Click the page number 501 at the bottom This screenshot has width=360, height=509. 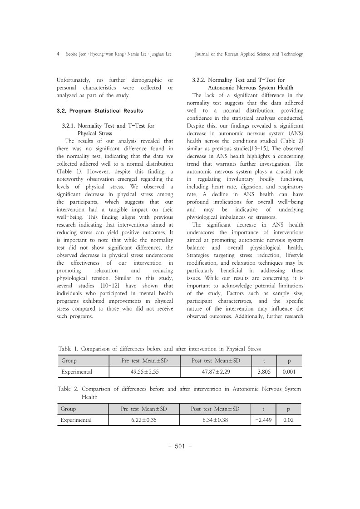tap(180, 446)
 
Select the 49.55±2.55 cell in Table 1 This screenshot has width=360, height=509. tap(144, 372)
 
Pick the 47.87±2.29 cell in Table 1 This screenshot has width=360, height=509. tap(216, 372)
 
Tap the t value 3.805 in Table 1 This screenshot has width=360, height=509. tap(265, 372)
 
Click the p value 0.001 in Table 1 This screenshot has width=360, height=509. tap(290, 372)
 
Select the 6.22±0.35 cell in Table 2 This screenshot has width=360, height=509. tap(144, 420)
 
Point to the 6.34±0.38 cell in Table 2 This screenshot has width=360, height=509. tap(216, 420)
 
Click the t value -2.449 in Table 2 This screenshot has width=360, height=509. tap(264, 420)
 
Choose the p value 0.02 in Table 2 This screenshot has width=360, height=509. tap(290, 420)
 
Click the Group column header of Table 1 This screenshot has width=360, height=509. tap(69, 361)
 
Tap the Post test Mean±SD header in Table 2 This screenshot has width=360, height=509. tap(216, 409)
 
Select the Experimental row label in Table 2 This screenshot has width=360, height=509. tap(77, 420)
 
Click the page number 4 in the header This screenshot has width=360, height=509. tap(58, 54)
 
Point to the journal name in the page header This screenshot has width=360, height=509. tap(248, 54)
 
